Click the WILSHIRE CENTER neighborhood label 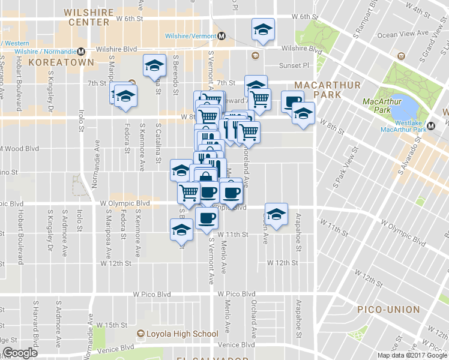(88, 16)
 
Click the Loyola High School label (177, 334)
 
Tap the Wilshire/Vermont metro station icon (221, 36)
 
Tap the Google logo (20, 353)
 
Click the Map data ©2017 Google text (411, 355)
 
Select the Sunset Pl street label (293, 65)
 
